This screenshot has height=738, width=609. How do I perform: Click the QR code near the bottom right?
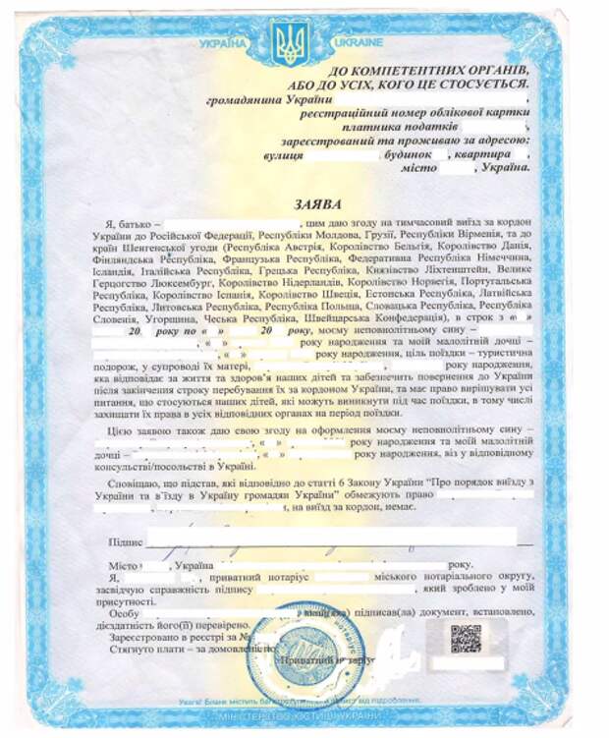coord(466,639)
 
